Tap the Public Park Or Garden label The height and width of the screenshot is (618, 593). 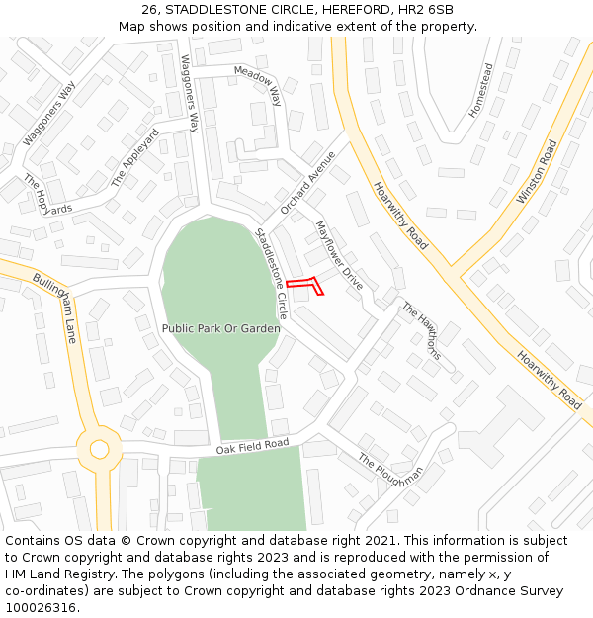tap(220, 328)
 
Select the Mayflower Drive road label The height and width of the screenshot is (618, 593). tap(339, 255)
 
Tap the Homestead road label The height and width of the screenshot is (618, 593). tap(480, 91)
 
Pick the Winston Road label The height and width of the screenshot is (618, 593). tap(537, 172)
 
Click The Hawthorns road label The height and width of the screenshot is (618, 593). tap(419, 330)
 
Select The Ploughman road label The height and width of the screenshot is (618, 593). tap(391, 476)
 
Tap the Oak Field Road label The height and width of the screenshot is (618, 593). tap(252, 448)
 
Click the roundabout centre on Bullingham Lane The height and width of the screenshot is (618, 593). tap(99, 449)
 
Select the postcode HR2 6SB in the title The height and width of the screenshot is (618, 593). tap(427, 9)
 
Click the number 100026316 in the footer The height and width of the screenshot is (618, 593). tap(42, 607)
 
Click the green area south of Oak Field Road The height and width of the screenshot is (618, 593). tap(251, 494)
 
